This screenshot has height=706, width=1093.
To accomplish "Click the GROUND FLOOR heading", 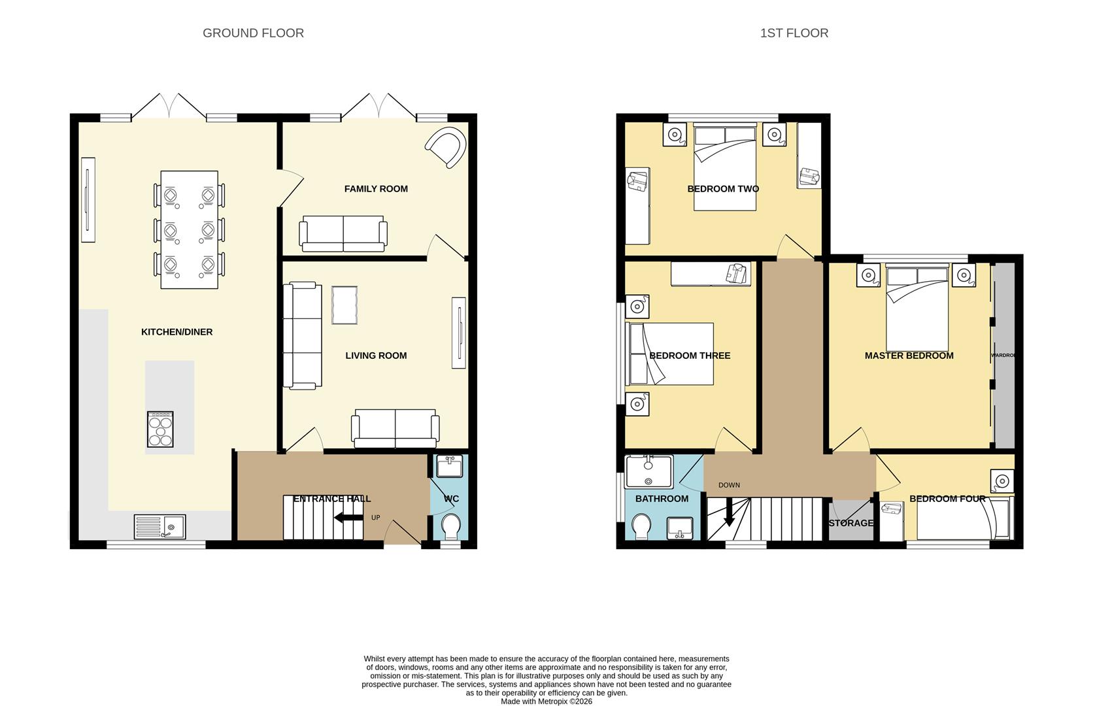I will (253, 33).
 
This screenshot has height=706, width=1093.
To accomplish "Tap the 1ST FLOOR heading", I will (794, 33).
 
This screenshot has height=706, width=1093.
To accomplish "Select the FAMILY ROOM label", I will (376, 189).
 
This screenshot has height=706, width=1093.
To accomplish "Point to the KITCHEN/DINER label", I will (177, 332).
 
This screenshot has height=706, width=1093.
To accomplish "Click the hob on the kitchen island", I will (160, 429).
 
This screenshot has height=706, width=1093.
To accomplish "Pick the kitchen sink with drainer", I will (160, 526).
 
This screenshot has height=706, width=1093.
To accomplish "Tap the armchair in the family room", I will (447, 146).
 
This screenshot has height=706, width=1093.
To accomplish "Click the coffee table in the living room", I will (345, 305).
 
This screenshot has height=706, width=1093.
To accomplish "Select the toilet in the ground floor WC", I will (451, 526).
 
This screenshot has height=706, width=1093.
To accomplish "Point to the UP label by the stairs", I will (376, 518).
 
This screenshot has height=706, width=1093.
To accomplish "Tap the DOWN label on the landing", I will (729, 485).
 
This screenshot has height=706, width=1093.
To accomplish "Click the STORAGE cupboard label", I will (851, 523).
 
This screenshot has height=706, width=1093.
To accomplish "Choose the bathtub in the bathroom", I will (648, 471).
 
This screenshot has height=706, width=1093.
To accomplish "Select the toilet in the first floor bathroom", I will (641, 527).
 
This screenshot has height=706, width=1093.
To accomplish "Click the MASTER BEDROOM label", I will (909, 356).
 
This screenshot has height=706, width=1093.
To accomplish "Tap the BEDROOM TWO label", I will (723, 189).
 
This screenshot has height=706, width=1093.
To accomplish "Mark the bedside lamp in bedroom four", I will (1001, 481).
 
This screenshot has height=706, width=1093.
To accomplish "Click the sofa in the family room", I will (343, 235).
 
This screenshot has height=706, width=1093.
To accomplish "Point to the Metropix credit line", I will (546, 701).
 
